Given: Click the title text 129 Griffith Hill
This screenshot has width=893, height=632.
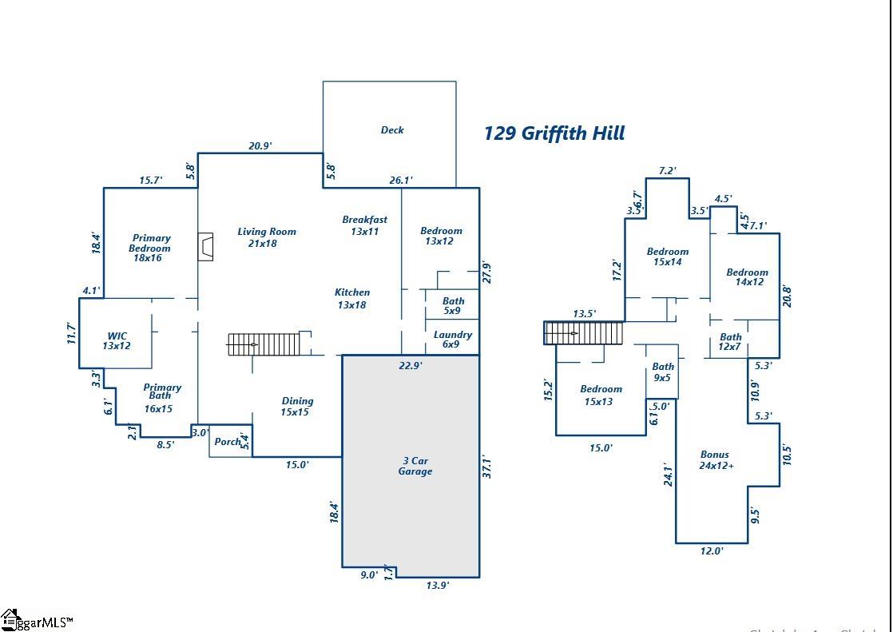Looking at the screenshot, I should [554, 133].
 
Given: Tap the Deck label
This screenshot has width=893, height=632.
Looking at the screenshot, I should [392, 130].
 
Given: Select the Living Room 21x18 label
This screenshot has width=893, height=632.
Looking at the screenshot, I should [266, 237].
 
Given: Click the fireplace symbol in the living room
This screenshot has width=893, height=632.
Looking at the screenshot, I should [206, 247].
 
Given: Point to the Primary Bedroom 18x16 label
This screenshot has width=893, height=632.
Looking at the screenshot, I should [150, 248].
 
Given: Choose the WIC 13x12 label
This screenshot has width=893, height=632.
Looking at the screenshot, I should [117, 341].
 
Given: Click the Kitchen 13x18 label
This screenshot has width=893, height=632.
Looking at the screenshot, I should [352, 298].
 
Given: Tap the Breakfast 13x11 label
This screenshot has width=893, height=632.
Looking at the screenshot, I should [365, 225].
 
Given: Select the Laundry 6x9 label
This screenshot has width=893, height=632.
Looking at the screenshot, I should [452, 340].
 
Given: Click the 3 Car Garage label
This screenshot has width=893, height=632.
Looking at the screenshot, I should [415, 466].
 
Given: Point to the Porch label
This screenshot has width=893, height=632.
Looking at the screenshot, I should [228, 442].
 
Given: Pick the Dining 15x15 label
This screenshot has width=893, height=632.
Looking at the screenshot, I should [296, 407].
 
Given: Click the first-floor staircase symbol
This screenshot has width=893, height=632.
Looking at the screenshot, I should [264, 344].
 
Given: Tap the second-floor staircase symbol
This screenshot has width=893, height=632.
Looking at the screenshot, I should [583, 333].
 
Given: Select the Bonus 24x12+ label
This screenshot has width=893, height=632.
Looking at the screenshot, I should [716, 460].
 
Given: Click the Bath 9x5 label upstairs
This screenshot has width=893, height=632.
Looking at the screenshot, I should [663, 372].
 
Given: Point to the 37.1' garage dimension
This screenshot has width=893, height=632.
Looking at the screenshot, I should [487, 467].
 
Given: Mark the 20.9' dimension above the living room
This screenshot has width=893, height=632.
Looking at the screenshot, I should [260, 145].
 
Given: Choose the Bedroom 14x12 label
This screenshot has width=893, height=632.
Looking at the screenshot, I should [748, 277].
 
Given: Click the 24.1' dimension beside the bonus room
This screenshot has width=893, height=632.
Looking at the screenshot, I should [668, 475].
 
